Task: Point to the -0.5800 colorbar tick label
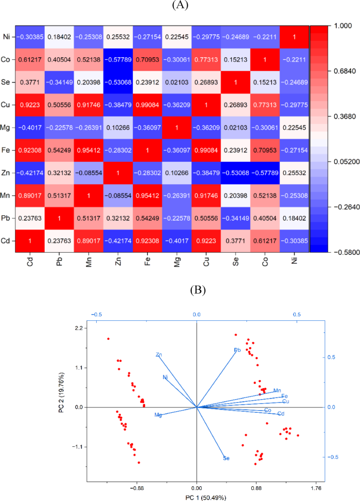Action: coord(342,252)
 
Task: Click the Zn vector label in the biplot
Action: coord(159,355)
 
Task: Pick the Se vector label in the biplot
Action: coord(226,458)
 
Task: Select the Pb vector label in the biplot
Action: coord(237,350)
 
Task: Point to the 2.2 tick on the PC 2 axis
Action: coord(79,328)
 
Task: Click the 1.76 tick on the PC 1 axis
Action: coord(315,487)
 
